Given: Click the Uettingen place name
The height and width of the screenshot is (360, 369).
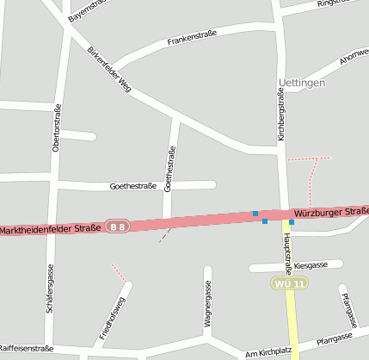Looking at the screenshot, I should [302, 83].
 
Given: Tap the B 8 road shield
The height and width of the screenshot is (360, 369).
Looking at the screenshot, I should [118, 227].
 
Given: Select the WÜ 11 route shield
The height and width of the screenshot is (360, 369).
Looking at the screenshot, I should [289, 283].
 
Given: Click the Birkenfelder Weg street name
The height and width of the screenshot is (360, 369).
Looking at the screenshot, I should [108, 68].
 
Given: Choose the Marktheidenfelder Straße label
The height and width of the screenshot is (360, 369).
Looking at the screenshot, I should [52, 229].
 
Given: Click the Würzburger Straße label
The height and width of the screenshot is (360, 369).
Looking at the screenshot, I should [331, 211].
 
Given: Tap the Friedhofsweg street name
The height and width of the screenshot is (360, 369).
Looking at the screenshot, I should [113, 320].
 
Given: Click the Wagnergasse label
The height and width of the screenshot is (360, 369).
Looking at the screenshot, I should [207, 307].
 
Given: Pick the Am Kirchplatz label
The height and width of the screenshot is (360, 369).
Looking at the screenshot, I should [269, 353].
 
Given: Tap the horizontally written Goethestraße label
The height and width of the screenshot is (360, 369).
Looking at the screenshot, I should [133, 186].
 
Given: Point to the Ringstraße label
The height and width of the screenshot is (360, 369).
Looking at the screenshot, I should [335, 3].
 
